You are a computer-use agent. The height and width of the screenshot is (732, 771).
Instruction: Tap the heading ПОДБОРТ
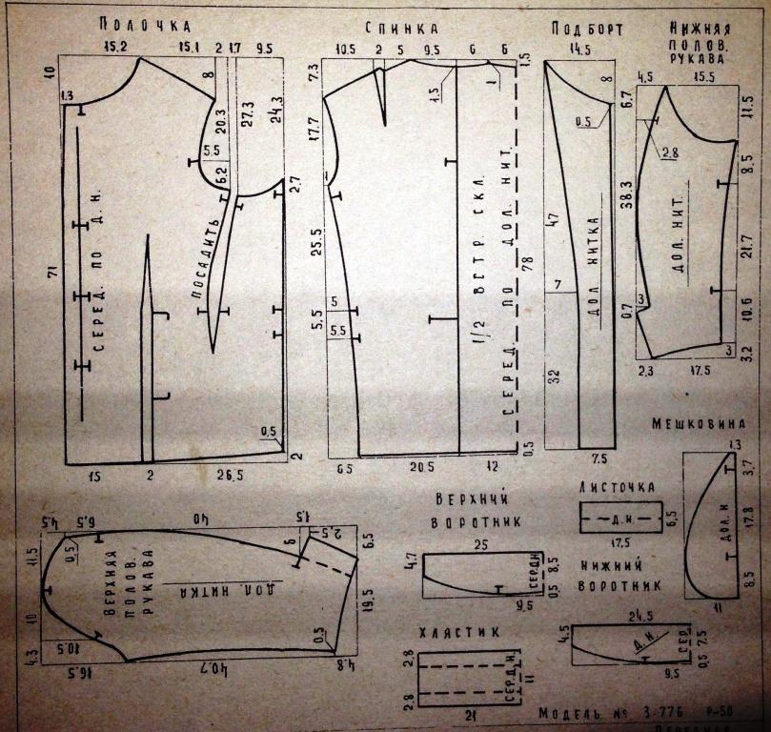pyautogui.click(x=580, y=29)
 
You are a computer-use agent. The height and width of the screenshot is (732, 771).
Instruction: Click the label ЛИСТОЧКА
pyautogui.click(x=617, y=487)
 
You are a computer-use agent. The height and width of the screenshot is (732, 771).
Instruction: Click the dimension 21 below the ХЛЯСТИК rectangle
pyautogui.click(x=465, y=715)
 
